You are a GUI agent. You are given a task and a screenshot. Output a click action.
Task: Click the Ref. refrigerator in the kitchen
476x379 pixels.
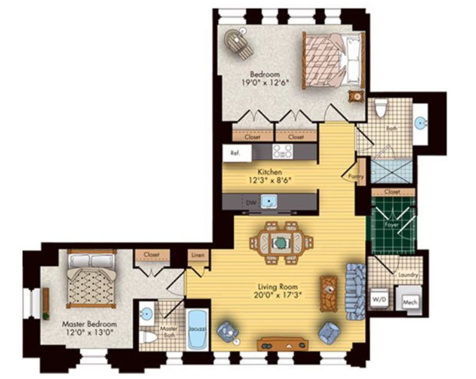click(237, 153)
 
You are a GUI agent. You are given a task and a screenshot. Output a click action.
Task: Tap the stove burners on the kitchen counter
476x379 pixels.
click(282, 151)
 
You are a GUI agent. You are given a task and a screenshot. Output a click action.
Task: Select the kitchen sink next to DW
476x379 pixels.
click(269, 201)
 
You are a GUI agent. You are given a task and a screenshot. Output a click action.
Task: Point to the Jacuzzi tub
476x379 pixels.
click(198, 329)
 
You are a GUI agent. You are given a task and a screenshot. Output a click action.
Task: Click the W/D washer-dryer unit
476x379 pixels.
click(379, 299)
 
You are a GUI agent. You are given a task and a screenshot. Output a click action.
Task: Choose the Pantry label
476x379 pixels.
click(356, 176)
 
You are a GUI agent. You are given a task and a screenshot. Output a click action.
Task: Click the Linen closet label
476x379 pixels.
click(198, 255)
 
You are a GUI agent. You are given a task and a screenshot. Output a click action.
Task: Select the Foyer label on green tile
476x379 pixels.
click(392, 225)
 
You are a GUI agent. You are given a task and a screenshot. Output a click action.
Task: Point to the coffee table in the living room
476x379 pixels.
click(329, 293)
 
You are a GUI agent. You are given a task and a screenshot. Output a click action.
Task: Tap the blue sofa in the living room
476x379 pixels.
click(355, 291)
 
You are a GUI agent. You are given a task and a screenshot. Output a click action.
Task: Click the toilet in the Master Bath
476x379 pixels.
click(148, 337)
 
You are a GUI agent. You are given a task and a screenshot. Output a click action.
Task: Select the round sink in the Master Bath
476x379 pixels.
click(147, 313)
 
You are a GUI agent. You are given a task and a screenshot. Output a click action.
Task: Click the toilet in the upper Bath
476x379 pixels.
click(381, 108)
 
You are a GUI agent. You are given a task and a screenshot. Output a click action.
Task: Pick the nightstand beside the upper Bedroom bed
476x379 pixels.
click(357, 97)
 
